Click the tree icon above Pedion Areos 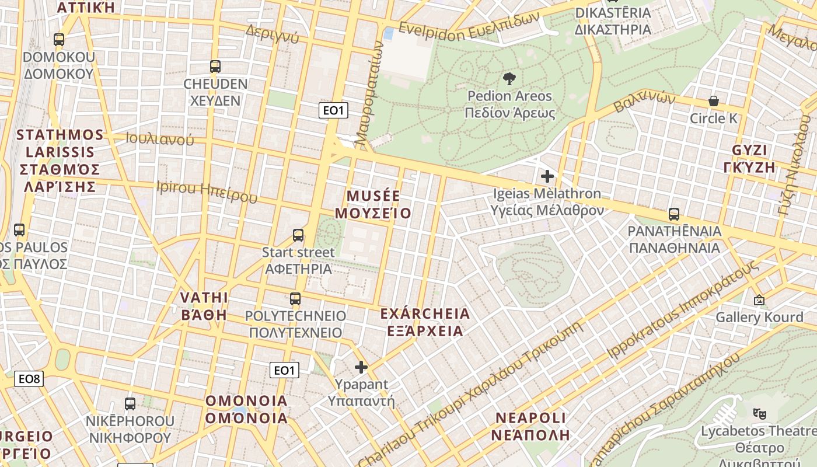(509, 79)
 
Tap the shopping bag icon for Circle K (713, 101)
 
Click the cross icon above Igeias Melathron (547, 176)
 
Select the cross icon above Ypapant (361, 367)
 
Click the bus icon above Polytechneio (295, 299)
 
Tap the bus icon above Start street (298, 235)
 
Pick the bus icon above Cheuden (215, 67)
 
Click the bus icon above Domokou (59, 40)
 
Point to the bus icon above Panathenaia (674, 214)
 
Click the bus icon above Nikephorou (130, 403)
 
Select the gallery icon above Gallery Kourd (759, 300)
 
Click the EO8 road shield (29, 379)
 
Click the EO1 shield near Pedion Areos (333, 110)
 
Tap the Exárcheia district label (425, 322)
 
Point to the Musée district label (373, 204)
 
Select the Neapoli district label (530, 426)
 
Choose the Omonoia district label (246, 409)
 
